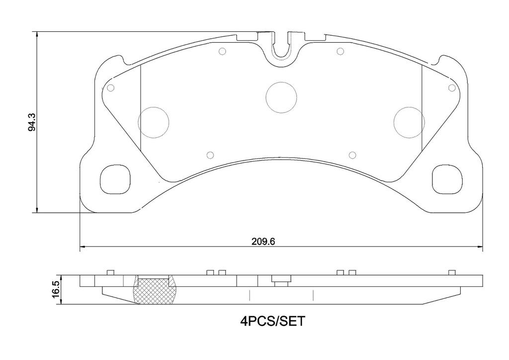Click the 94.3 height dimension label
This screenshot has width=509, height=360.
[x=32, y=122]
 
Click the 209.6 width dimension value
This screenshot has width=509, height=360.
[x=263, y=242]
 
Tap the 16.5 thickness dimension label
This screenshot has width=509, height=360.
[x=56, y=287]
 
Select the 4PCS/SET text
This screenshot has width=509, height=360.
[x=273, y=321]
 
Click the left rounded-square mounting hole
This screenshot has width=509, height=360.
[x=115, y=179]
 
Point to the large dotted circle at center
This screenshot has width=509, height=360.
[x=281, y=97]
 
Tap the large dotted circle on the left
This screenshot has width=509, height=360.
[x=154, y=122]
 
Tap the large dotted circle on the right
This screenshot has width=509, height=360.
[x=409, y=122]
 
